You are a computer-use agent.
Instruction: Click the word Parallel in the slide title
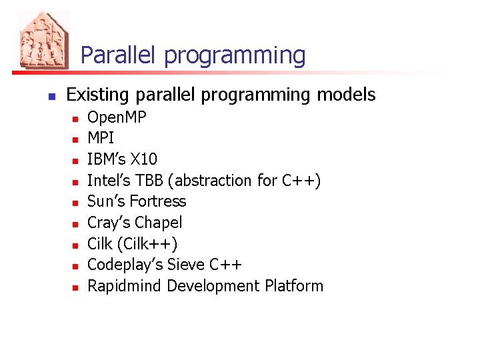[x=119, y=55]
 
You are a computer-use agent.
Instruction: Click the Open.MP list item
[x=117, y=118]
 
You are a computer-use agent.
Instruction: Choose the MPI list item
[x=101, y=139]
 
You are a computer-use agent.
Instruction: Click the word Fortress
[x=158, y=201]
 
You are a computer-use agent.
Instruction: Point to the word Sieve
[x=185, y=265]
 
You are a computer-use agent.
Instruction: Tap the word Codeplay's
[x=125, y=265]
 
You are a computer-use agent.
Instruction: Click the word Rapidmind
[x=125, y=286]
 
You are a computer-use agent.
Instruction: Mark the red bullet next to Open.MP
[x=76, y=119]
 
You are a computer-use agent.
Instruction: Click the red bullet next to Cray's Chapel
[x=76, y=223]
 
